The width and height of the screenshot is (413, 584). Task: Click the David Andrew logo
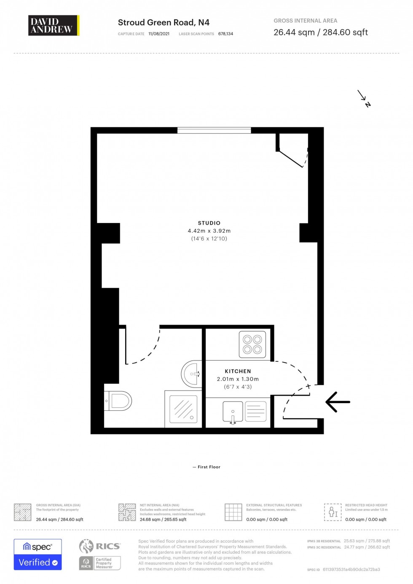53,25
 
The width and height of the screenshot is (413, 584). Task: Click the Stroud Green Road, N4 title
164,22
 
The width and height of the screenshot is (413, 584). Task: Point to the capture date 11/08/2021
159,34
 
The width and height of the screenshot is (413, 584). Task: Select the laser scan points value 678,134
225,34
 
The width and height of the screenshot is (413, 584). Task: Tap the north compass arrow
364,98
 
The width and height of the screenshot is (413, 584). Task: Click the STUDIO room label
209,223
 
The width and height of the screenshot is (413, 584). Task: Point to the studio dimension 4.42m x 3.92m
209,231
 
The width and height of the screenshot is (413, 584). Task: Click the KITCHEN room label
238,371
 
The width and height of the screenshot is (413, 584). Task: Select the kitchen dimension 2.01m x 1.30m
238,379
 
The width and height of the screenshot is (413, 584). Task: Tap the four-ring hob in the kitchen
252,344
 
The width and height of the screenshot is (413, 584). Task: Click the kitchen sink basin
233,411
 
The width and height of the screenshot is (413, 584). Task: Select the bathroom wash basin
192,374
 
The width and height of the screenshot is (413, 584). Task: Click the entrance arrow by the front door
338,402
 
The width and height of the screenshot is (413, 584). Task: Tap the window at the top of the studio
214,130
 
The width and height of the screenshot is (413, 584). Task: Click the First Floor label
209,467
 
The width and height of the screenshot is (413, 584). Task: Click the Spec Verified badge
38,554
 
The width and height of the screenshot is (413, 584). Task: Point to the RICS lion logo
86,546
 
